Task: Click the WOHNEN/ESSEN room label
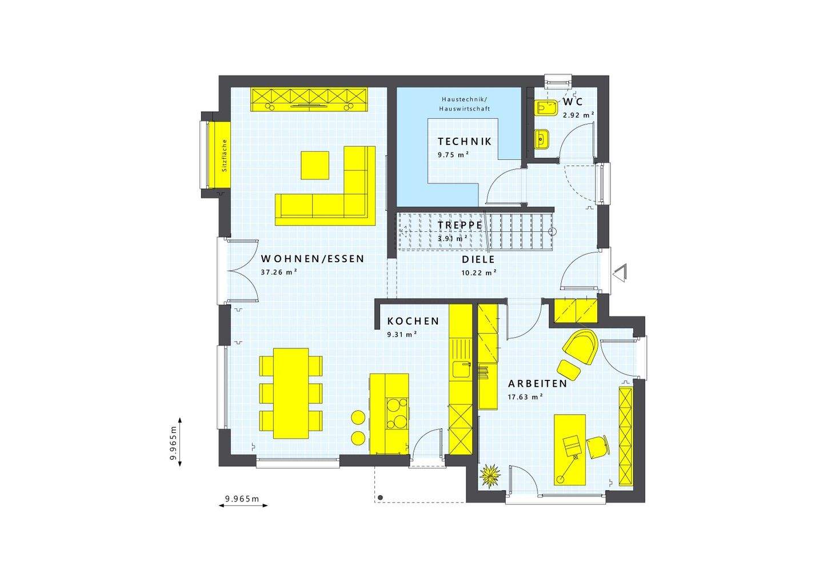[x=312, y=259]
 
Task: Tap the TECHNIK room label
[x=464, y=142]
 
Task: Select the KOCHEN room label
[x=413, y=322]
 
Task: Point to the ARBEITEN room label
[x=538, y=384]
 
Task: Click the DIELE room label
[x=478, y=259]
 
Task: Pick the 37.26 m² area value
[x=278, y=272]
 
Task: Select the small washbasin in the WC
[x=542, y=138]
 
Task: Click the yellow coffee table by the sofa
[x=315, y=165]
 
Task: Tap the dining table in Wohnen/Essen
[x=291, y=393]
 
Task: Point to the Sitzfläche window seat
[x=218, y=155]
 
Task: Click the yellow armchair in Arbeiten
[x=581, y=346]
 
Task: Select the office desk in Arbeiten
[x=570, y=449]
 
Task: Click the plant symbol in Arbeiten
[x=490, y=475]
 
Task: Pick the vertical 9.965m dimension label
[x=173, y=443]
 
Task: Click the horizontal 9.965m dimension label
[x=242, y=499]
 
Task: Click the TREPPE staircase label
[x=460, y=225]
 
